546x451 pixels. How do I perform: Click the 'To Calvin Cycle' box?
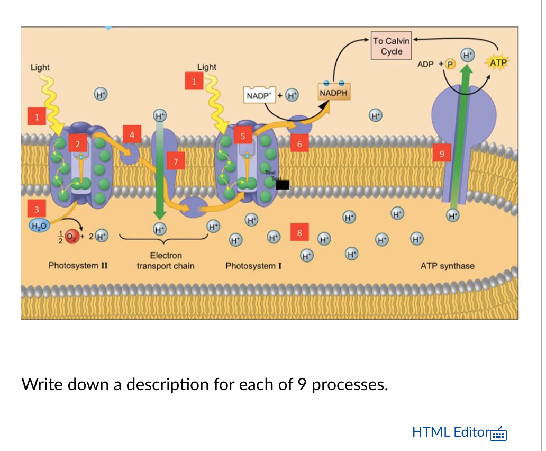tap(391, 47)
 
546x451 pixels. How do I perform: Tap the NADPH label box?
tap(333, 93)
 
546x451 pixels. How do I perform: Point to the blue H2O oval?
tap(38, 226)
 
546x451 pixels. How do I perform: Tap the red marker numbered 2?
tap(78, 144)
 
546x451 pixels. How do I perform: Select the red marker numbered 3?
tap(37, 209)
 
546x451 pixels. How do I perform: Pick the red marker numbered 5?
tap(243, 136)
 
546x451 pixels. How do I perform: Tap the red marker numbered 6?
tap(299, 144)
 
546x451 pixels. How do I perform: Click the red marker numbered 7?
tap(176, 161)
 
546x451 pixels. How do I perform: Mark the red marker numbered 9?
tap(442, 154)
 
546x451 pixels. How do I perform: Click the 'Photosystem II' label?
tap(78, 265)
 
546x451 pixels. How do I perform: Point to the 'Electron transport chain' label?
tap(166, 260)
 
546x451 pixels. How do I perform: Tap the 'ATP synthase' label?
tap(447, 266)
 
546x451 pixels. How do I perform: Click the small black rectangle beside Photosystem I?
tap(283, 184)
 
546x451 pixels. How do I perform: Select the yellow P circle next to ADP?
tap(450, 64)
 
